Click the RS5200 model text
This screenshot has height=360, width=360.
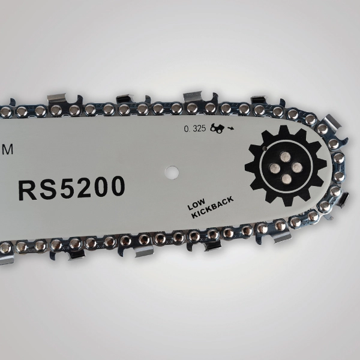[71, 188]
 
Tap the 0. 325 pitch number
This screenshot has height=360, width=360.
[194, 128]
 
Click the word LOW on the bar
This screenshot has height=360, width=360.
[196, 205]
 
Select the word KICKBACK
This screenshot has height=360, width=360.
[212, 207]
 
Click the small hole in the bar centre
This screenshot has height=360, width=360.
[172, 172]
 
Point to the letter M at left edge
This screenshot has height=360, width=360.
[7, 149]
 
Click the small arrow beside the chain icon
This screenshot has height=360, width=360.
[230, 128]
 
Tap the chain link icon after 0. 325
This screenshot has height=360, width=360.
[217, 128]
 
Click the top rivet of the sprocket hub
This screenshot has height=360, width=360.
[286, 157]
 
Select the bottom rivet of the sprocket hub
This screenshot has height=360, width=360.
[286, 179]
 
